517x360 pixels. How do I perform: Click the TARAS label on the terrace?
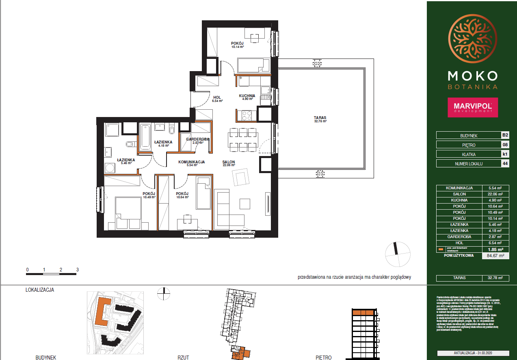point(320,118)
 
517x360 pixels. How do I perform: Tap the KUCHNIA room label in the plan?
point(247,96)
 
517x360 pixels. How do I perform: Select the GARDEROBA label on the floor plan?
point(197,139)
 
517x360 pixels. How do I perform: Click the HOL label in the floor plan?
point(217,98)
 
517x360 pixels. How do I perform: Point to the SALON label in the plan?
point(229,162)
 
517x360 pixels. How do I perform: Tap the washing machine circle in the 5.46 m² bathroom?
point(109,168)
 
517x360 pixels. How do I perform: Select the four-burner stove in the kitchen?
point(247,116)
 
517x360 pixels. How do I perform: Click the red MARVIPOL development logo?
point(472,107)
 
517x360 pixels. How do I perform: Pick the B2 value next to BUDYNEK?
point(505,135)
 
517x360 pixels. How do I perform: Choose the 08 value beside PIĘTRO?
point(505,145)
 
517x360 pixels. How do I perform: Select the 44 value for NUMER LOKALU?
point(505,164)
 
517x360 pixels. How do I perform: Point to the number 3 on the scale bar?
point(77,269)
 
